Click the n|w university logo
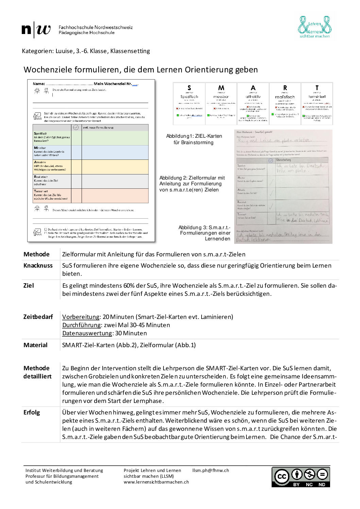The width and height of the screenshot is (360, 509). pyautogui.click(x=36, y=30)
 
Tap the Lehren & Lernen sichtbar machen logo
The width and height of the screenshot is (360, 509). pyautogui.click(x=314, y=27)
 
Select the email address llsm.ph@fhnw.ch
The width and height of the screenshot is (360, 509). pyautogui.click(x=210, y=471)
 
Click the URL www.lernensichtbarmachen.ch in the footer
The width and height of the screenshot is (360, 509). pyautogui.click(x=156, y=482)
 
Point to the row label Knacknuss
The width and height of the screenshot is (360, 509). pyautogui.click(x=38, y=266)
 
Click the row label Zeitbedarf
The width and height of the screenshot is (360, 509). pyautogui.click(x=38, y=317)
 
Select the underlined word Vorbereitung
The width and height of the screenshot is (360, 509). pyautogui.click(x=81, y=317)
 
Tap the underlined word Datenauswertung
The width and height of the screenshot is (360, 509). pyautogui.click(x=87, y=333)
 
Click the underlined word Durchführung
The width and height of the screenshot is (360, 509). pyautogui.click(x=82, y=325)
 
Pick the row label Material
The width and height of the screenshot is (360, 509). pyautogui.click(x=35, y=345)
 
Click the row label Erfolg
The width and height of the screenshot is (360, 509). pyautogui.click(x=32, y=412)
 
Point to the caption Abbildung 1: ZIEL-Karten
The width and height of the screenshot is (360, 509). pyautogui.click(x=194, y=136)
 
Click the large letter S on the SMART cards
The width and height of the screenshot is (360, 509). pyautogui.click(x=189, y=88)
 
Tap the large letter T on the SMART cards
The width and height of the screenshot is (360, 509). pyautogui.click(x=317, y=88)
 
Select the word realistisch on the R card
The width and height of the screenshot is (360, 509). pyautogui.click(x=285, y=97)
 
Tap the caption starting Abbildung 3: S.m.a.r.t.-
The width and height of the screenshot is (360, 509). pyautogui.click(x=204, y=227)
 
